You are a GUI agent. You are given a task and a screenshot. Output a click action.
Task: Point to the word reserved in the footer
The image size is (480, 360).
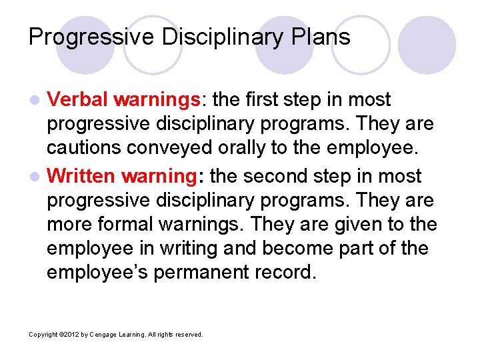(x=189, y=335)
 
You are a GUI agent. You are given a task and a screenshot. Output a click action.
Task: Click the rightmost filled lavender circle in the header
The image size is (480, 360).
(x=427, y=45)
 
